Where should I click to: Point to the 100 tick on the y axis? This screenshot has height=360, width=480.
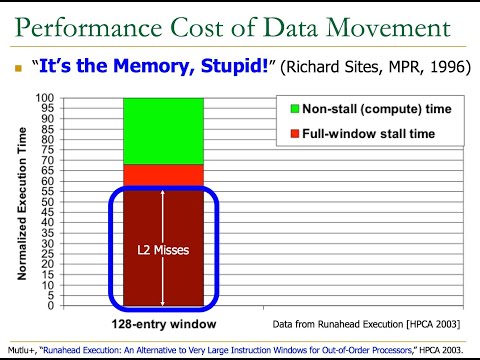tap(45, 99)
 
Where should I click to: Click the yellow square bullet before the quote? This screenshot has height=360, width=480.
tap(17, 69)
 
